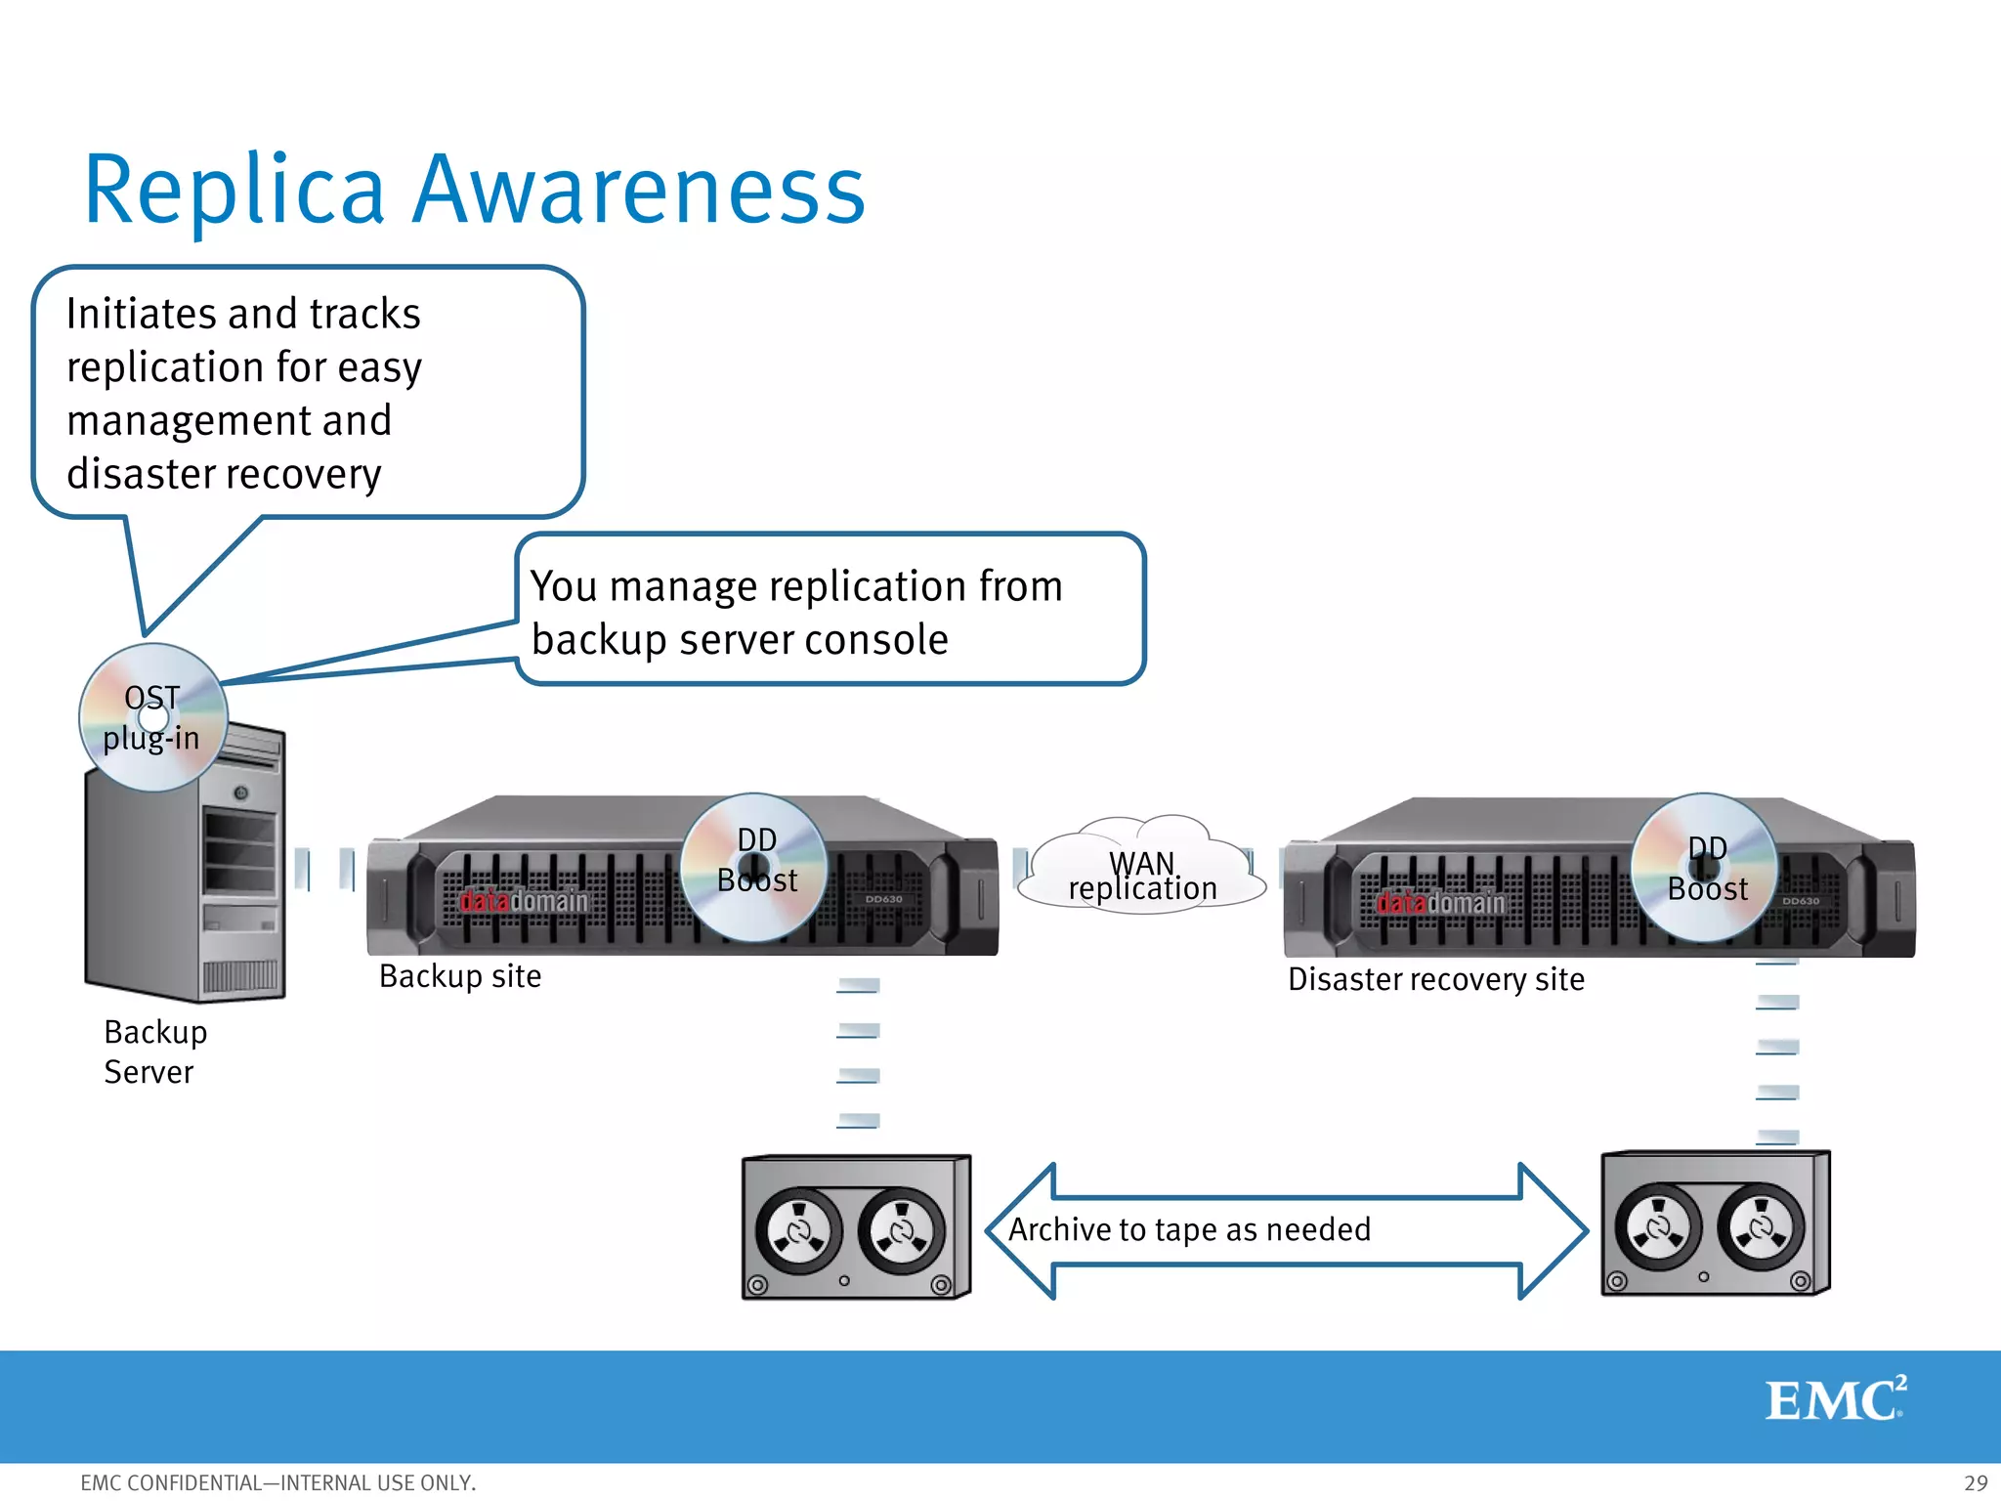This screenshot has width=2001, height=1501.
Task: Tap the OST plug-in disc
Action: (152, 717)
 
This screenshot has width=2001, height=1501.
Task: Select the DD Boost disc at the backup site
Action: (754, 868)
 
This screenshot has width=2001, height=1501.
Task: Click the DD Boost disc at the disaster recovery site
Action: (1705, 868)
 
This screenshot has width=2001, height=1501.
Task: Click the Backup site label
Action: (459, 976)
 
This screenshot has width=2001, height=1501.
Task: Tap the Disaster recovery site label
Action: (1435, 979)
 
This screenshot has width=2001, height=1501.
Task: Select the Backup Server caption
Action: (154, 1051)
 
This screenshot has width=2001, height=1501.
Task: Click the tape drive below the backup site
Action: (856, 1227)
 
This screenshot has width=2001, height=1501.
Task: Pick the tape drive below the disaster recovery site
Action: (1715, 1223)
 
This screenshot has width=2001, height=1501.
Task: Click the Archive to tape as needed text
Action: (1189, 1229)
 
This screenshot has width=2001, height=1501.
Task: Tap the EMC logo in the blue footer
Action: (1834, 1399)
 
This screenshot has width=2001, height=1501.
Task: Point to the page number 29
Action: (1976, 1482)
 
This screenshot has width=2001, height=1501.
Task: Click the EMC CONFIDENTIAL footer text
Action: (277, 1482)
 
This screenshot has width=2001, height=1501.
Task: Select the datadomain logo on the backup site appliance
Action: (524, 901)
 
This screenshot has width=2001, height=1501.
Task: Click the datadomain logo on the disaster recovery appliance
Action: (1440, 903)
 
